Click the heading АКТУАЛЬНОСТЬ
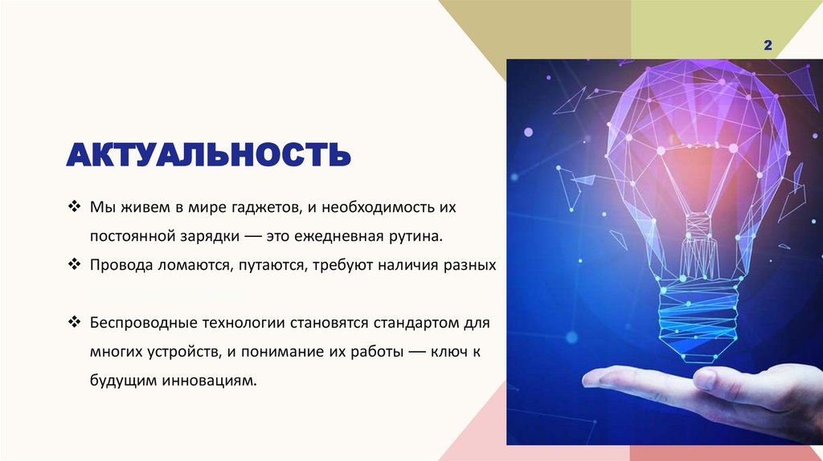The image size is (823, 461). coord(209,153)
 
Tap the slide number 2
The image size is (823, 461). coord(768,47)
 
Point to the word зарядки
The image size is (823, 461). coord(206,237)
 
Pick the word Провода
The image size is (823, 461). coord(118,265)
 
